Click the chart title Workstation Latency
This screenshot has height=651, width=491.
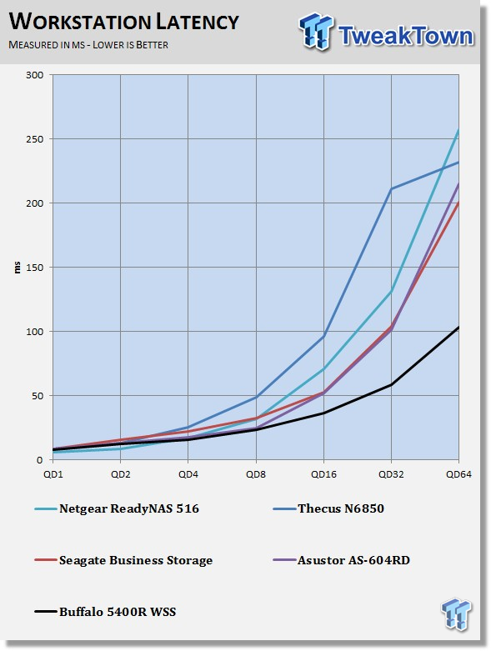(x=123, y=22)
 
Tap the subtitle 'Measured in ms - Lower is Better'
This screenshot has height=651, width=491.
(x=88, y=45)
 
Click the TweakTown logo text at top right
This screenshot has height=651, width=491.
(x=405, y=35)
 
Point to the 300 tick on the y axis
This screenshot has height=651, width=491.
(x=35, y=75)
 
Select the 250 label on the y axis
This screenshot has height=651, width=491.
(x=35, y=139)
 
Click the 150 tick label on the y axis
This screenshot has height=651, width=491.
(x=35, y=268)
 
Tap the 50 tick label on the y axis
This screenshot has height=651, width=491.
(x=38, y=396)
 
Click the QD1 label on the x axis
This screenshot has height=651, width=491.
(x=53, y=474)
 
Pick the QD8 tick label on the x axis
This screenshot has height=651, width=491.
(x=256, y=474)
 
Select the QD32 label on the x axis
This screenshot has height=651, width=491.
(x=391, y=474)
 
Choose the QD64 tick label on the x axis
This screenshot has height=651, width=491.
(x=458, y=474)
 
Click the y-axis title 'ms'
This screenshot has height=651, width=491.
(x=17, y=268)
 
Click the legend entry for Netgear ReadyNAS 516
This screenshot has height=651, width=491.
(x=117, y=508)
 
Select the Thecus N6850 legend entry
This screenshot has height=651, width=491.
(x=328, y=508)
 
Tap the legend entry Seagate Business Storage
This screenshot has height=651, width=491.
(x=123, y=560)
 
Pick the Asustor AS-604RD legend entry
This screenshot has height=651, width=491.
(x=341, y=560)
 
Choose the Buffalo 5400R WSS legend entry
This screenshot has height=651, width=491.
(x=105, y=612)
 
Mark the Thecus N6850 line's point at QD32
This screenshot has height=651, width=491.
(x=391, y=189)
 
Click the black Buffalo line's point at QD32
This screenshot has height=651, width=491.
(x=391, y=385)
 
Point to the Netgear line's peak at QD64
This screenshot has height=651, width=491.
(x=458, y=129)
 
